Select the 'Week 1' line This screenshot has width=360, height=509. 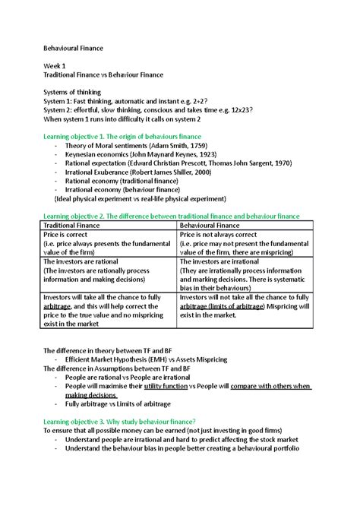54,66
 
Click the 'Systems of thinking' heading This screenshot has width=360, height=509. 72,93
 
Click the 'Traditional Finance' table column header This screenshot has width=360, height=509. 76,226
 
